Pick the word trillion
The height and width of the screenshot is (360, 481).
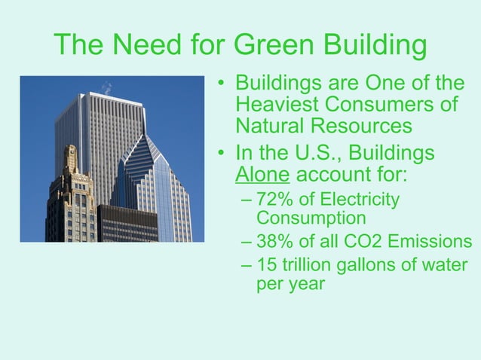tap(317, 265)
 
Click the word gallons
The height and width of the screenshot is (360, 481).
tap(385, 265)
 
